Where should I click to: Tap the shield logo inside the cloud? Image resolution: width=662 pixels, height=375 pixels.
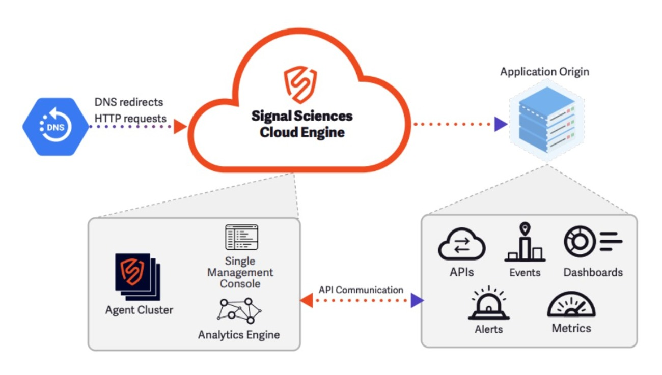[300, 84]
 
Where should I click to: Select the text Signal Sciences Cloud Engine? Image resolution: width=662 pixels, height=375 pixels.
[302, 124]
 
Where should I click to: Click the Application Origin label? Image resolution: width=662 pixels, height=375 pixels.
[544, 72]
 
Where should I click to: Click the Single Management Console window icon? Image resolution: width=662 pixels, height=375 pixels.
[241, 238]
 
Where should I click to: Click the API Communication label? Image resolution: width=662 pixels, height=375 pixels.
[361, 290]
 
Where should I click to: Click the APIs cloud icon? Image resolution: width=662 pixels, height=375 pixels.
[462, 245]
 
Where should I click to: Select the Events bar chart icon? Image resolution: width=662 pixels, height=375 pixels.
[525, 243]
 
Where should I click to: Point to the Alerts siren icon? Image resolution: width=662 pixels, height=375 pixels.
[489, 304]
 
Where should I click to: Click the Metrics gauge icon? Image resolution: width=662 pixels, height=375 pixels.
[571, 305]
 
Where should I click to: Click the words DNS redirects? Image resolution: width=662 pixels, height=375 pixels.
[129, 102]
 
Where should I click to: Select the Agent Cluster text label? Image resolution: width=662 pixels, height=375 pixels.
[139, 310]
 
